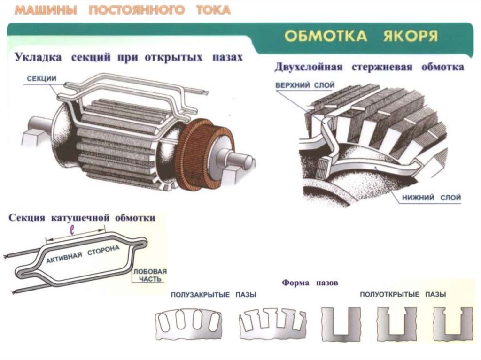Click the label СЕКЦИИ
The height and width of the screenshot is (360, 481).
(41, 78)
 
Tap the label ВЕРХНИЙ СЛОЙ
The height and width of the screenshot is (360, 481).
(305, 85)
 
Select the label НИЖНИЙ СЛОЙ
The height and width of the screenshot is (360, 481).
(431, 198)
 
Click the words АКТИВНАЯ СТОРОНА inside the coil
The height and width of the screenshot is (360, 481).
(83, 255)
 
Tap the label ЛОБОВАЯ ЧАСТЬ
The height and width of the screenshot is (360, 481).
(150, 275)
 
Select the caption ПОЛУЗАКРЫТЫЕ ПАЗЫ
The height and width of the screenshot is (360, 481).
(214, 295)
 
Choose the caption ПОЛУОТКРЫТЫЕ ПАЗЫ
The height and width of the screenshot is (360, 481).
(403, 294)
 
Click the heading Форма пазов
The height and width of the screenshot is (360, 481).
(310, 283)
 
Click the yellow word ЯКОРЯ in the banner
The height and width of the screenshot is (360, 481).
(411, 36)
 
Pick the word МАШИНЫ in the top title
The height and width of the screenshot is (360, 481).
(46, 10)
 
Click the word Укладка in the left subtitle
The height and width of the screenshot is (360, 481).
(38, 57)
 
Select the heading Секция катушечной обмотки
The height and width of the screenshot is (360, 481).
(82, 218)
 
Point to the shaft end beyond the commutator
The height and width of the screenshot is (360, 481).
(239, 160)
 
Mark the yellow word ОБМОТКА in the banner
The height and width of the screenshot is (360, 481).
(326, 36)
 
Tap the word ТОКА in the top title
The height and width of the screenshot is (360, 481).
(213, 10)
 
